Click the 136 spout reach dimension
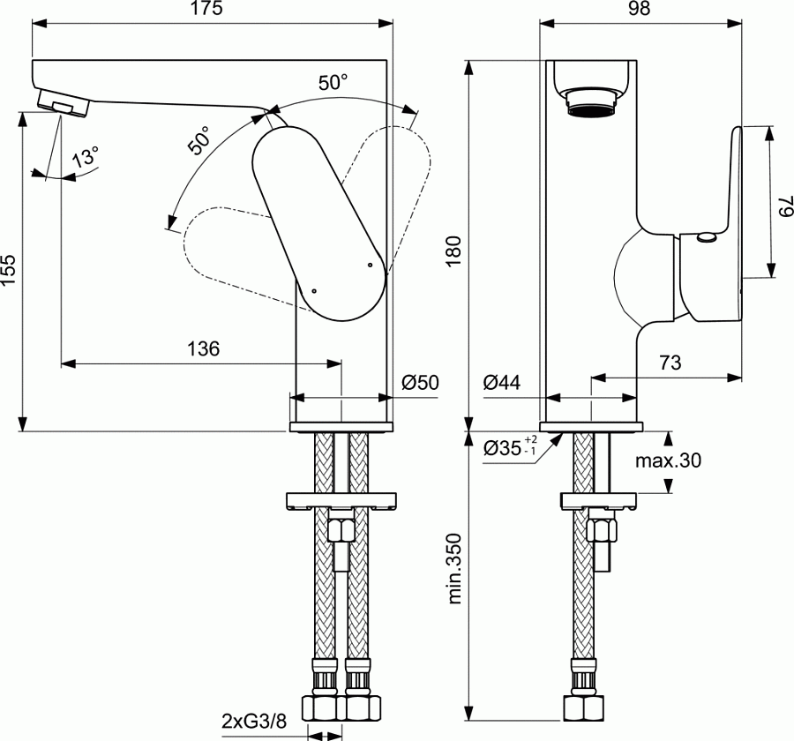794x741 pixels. click(202, 348)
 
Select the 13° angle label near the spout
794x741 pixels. click(86, 159)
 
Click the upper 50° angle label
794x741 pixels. click(333, 83)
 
